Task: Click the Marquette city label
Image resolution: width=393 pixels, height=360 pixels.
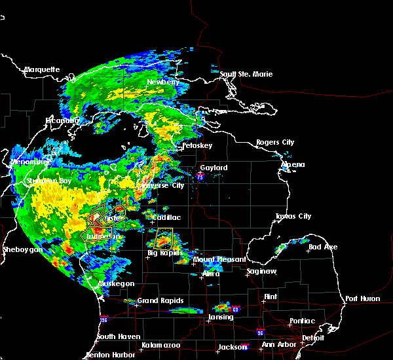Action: point(42,69)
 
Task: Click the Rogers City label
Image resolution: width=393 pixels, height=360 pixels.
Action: point(275,142)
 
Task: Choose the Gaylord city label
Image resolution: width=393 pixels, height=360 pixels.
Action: point(214,168)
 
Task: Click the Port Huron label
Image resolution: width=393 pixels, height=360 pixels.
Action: point(361,298)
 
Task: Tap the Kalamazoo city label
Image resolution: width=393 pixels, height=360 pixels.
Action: point(161,344)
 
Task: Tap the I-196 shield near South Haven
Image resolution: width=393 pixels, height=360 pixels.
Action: point(104,320)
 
